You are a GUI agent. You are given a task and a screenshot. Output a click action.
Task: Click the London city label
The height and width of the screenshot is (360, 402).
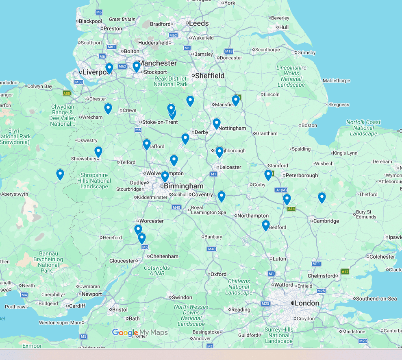pos(307,303)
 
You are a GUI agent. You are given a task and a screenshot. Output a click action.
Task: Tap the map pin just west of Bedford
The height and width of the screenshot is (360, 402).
pos(266,225)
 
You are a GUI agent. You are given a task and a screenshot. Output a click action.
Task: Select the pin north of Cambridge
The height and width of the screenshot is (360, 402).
pos(322,198)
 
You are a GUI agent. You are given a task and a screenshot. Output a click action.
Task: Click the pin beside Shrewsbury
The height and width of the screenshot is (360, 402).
pos(98,152)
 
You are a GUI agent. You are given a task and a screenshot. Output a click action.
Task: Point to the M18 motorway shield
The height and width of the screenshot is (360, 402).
pos(229,51)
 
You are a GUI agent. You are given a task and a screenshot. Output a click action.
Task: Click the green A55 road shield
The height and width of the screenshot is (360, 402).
pos(67,94)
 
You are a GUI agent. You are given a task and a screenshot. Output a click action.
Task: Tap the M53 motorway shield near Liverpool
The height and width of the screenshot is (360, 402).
pos(79,82)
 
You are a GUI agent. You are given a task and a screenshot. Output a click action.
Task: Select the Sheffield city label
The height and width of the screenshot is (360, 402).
pos(210,76)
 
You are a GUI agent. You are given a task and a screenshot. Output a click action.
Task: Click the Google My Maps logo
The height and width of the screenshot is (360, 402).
pos(140,333)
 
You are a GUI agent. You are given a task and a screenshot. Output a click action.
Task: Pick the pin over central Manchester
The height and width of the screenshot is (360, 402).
pos(137,66)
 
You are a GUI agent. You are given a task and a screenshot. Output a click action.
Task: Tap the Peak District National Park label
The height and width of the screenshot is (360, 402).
pos(171,81)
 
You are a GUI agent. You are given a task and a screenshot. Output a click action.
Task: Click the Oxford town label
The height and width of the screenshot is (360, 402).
pos(218,274)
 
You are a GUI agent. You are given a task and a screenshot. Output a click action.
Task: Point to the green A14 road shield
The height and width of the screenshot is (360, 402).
pos(291,209)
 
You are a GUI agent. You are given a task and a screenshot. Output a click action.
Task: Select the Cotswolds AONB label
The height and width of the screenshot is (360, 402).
pos(157,271)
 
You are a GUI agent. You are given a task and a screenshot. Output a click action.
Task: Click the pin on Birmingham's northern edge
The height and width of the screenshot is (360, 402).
pos(165,177)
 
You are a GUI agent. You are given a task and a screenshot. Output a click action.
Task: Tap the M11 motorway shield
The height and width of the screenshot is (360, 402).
pos(317,264)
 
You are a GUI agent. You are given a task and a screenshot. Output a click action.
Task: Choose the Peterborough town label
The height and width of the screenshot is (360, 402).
pos(302,175)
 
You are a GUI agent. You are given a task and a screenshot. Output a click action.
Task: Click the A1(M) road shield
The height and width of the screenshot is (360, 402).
pos(281,190)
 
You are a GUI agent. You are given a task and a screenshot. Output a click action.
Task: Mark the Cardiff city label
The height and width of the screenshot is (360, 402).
pos(77,306)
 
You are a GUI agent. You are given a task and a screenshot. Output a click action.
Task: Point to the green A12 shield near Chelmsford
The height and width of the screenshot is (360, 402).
pos(345,271)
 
